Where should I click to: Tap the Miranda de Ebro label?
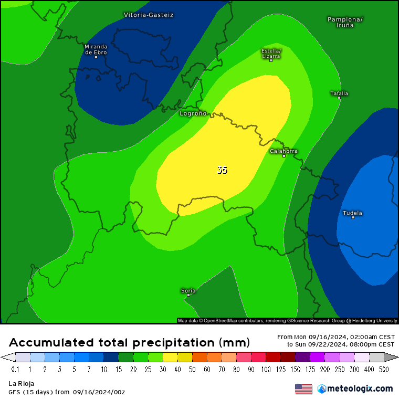tap(96, 49)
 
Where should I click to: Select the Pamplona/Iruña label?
tap(345, 22)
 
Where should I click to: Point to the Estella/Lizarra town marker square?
tap(271, 60)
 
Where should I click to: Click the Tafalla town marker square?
tap(339, 98)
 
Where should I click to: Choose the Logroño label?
tap(193, 113)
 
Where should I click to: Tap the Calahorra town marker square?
tap(284, 156)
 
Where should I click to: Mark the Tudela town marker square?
tap(353, 217)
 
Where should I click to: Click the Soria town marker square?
tap(188, 295)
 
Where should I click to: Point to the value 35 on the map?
tap(222, 170)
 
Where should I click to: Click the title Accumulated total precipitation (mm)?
tap(129, 343)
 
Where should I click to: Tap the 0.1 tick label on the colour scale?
tap(15, 370)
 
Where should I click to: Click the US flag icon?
tap(303, 388)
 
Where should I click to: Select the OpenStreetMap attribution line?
tap(287, 320)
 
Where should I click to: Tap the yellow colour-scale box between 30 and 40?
tap(171, 358)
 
